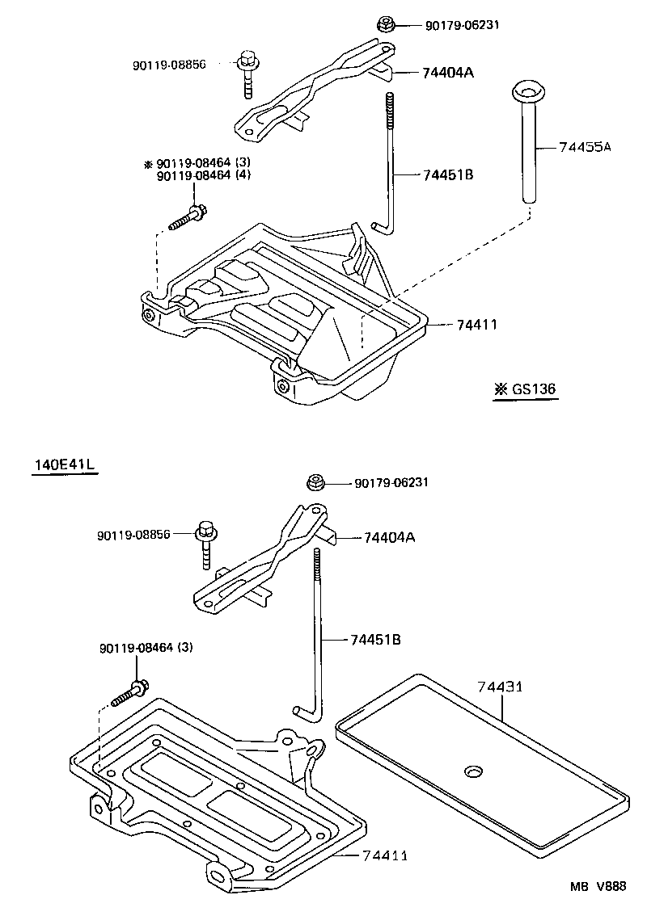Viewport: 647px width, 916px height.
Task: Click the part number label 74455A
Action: (x=586, y=147)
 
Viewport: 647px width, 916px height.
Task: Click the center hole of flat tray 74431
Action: (x=472, y=771)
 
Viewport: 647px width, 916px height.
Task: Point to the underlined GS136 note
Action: (x=526, y=389)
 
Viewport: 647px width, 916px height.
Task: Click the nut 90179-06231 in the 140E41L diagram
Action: (x=315, y=483)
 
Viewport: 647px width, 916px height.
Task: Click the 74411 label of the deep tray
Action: (x=476, y=325)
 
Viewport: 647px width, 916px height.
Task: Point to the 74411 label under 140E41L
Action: (x=384, y=855)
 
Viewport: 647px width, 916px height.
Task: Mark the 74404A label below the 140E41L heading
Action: (x=389, y=537)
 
